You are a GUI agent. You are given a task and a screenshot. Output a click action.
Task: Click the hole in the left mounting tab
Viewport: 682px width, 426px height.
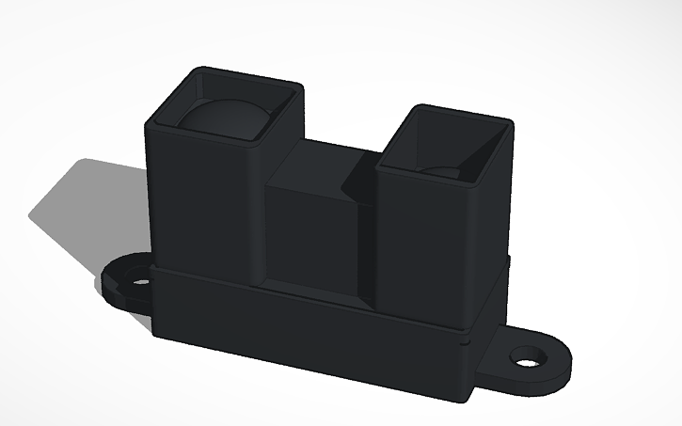click(139, 279)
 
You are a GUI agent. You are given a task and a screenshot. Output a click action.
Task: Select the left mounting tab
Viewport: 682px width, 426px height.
click(120, 287)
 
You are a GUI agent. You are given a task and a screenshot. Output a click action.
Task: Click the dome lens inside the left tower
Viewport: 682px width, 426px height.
click(223, 119)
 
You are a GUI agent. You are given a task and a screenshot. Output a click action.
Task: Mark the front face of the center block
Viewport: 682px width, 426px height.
click(311, 235)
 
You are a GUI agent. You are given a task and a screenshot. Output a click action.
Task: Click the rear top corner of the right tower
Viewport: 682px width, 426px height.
click(508, 122)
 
